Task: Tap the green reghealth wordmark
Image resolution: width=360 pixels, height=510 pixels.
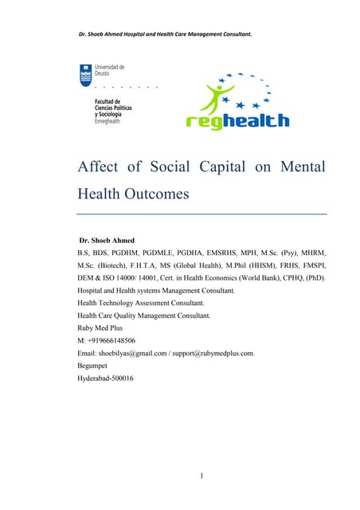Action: tap(237, 121)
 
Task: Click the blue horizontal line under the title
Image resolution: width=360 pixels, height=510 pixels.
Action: tap(202, 214)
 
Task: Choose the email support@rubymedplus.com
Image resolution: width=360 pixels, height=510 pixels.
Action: tap(213, 353)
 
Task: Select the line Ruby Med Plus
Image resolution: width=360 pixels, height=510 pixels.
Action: tap(100, 328)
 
